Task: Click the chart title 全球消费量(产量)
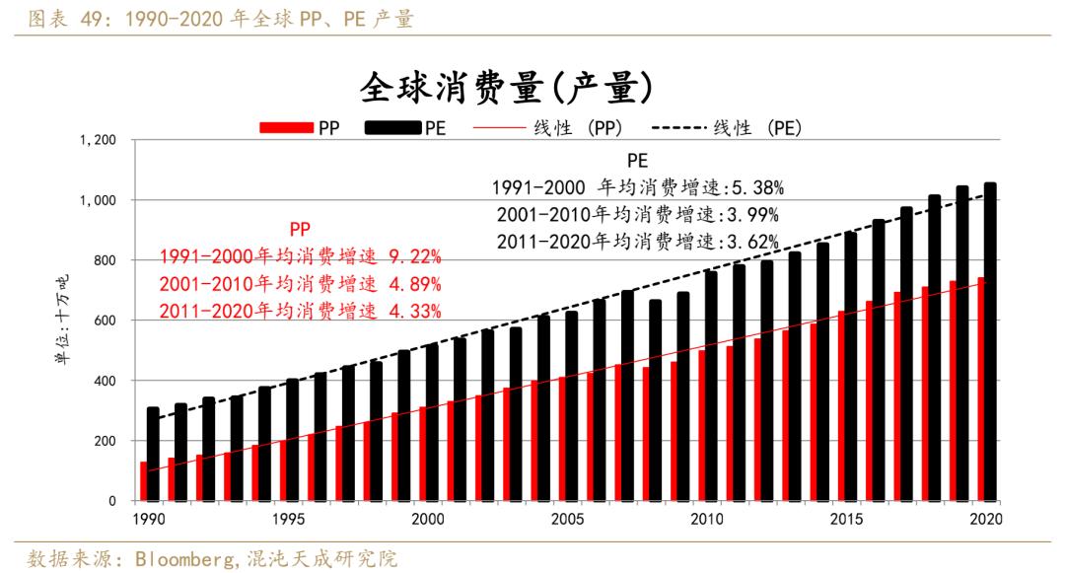pyautogui.click(x=506, y=88)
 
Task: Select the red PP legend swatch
pyautogui.click(x=285, y=128)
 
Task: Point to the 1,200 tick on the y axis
pyautogui.click(x=98, y=141)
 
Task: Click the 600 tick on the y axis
pyautogui.click(x=106, y=321)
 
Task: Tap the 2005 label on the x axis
pyautogui.click(x=567, y=519)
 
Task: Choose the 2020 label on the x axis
pyautogui.click(x=986, y=519)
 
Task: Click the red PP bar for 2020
pyautogui.click(x=981, y=390)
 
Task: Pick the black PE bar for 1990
pyautogui.click(x=153, y=454)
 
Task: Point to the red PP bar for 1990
pyautogui.click(x=143, y=481)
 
